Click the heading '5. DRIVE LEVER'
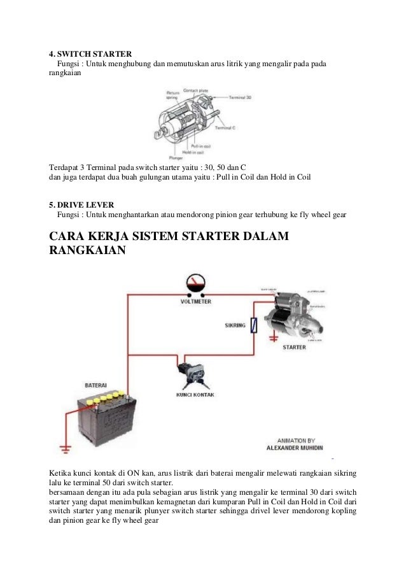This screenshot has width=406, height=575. pos(81,205)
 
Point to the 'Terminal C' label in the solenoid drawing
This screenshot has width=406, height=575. pos(225,128)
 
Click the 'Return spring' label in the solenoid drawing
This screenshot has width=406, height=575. pos(172,95)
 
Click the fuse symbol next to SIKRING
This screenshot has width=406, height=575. pos(255,325)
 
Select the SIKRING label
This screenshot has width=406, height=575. pos(235,325)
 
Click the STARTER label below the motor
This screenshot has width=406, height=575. pos(293,348)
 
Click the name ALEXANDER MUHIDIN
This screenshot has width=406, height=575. pos(297,448)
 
